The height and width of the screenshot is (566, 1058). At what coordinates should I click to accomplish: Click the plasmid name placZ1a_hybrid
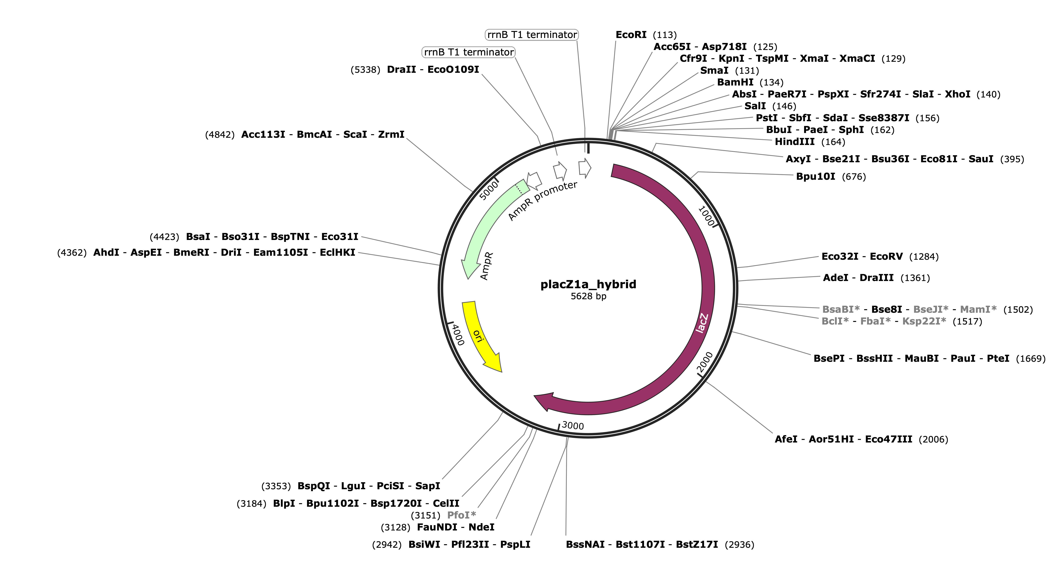coord(588,284)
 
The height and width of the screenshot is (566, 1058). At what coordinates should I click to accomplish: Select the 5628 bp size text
coord(588,296)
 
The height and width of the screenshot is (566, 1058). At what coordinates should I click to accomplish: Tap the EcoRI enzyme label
coord(631,35)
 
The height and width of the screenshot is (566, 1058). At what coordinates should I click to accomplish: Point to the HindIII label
coord(794,142)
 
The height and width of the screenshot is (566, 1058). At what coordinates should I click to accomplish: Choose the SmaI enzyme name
coord(714,71)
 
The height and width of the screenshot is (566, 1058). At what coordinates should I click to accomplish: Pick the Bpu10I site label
coord(815,177)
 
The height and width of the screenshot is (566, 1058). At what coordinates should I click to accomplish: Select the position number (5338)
coord(365,70)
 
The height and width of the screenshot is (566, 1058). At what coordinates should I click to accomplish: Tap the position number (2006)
coord(933,439)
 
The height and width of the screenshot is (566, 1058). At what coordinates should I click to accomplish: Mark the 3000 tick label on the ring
coord(572,426)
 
